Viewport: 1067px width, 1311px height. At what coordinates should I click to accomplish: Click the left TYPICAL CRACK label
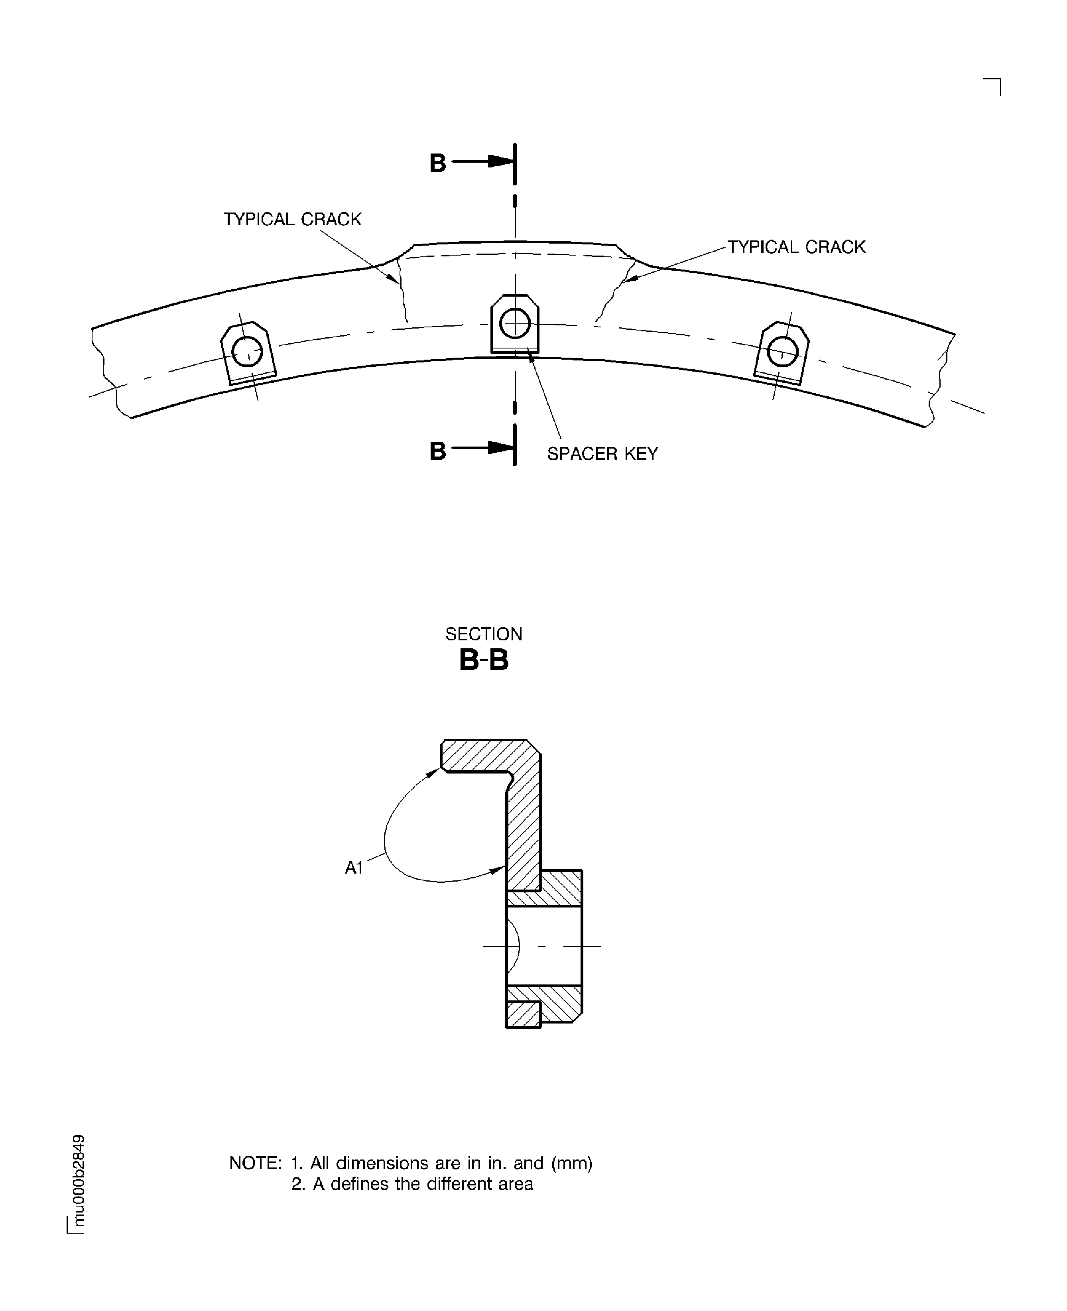coord(293,219)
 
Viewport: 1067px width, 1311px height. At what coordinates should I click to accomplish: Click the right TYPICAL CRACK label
coord(797,247)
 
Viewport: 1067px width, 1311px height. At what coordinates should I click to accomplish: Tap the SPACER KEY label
coord(602,454)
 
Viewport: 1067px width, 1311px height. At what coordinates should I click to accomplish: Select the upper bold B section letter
coord(438,163)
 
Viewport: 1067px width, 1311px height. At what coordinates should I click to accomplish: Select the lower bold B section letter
coord(438,451)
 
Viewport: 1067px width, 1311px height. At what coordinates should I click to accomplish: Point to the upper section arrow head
coord(501,161)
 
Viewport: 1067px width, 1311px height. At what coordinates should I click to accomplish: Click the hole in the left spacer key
coord(247,352)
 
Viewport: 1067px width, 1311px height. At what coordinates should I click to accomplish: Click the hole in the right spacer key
coord(782,352)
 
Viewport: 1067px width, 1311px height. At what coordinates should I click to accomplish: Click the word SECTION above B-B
coord(484,634)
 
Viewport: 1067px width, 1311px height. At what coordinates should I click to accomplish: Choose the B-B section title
coord(484,661)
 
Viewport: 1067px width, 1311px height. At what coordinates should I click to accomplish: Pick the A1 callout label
coord(354,868)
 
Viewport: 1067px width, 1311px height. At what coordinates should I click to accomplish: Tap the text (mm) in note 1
coord(572,1163)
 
